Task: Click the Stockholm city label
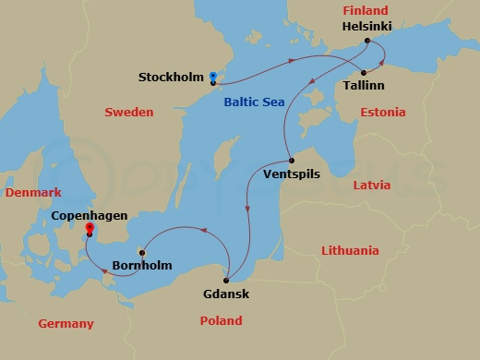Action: point(171,77)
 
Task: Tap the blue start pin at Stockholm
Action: point(212,77)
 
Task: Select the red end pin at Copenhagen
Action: point(90,228)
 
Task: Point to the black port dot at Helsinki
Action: point(367,41)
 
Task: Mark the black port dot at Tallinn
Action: point(364,72)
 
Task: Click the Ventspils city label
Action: point(292,173)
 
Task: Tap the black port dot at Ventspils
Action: point(292,159)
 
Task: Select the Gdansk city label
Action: point(225,294)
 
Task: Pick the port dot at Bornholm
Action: point(141,251)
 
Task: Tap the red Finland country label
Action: point(365,11)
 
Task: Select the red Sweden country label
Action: point(128,112)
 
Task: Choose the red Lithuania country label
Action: point(350,250)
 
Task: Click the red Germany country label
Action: point(66,323)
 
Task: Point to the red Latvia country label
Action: point(372,186)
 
